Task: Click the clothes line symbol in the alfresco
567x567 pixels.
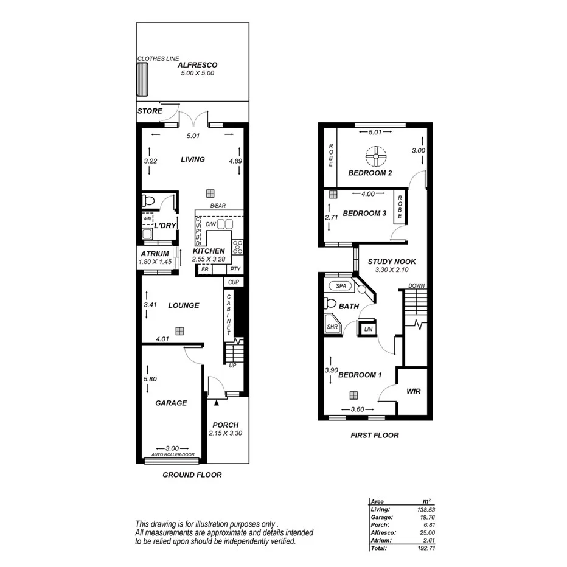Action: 144,78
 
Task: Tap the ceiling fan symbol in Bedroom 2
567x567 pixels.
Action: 376,157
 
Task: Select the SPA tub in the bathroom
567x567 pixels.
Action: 339,285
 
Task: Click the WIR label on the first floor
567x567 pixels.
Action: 414,391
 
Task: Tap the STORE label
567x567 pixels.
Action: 150,111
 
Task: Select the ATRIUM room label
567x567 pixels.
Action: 155,254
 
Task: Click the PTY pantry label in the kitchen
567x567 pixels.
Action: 235,268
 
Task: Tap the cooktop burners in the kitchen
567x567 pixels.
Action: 237,248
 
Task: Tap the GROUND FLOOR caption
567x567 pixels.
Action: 192,475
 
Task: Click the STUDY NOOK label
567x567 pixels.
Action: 391,262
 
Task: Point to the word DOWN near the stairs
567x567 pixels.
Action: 416,285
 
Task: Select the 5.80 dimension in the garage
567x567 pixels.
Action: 149,380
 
